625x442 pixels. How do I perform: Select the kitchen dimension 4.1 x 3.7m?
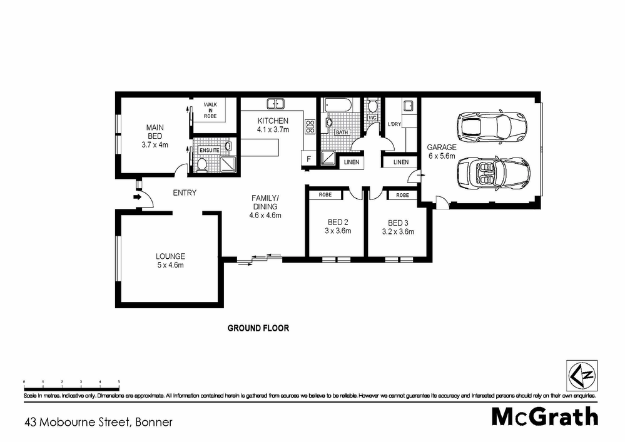pos(273,130)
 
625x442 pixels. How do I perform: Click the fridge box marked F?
pos(309,159)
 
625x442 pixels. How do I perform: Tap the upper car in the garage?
pos(493,126)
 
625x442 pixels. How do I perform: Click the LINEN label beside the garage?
pos(400,162)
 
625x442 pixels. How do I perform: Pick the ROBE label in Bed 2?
pos(325,195)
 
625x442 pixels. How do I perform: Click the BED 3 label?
pos(398,222)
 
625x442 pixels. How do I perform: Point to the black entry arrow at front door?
pos(136,198)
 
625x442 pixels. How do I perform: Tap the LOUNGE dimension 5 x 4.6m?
pos(171,265)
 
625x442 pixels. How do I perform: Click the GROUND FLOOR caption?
pos(258,328)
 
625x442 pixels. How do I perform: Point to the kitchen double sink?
pos(275,103)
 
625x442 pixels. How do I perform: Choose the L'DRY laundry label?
pos(395,123)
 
